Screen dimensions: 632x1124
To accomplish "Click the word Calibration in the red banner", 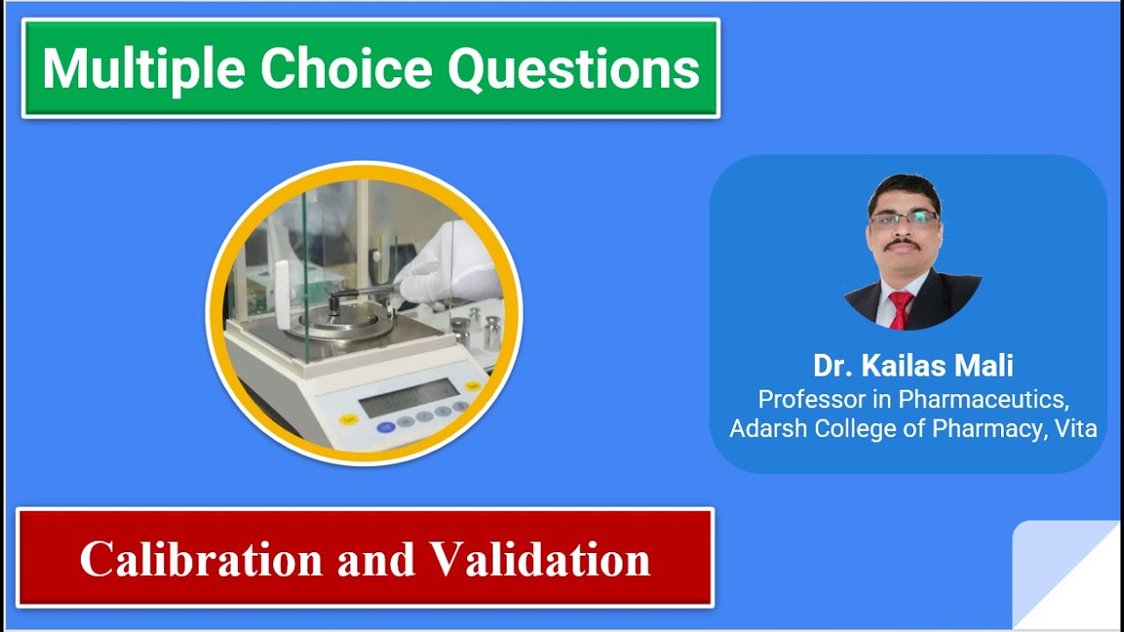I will click(201, 559).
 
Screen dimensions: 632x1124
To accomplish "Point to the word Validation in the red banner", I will click(539, 559).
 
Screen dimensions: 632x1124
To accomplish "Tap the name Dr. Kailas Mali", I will click(913, 365).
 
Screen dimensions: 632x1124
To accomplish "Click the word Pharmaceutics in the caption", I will click(983, 399).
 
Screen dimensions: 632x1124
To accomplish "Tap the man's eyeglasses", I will click(904, 219).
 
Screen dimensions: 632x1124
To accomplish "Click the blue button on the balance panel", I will click(385, 427).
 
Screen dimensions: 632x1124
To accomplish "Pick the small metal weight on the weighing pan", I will click(335, 304).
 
